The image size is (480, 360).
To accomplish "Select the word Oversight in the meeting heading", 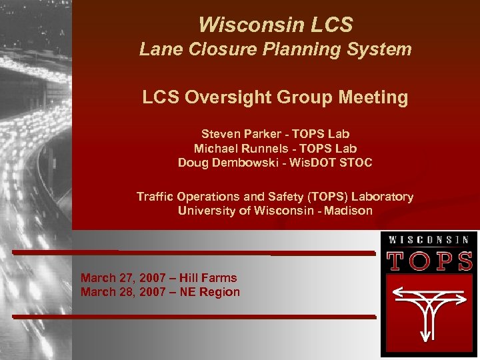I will [x=263, y=97].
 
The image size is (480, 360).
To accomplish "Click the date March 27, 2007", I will [x=124, y=278].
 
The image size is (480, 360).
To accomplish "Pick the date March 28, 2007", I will [x=124, y=291].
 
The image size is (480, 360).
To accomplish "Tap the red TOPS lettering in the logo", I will [x=429, y=262].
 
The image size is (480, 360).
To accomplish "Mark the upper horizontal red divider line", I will [x=193, y=253].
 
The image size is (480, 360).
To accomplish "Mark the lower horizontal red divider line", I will [x=193, y=315].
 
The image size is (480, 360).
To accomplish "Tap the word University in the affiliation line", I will [x=203, y=211].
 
